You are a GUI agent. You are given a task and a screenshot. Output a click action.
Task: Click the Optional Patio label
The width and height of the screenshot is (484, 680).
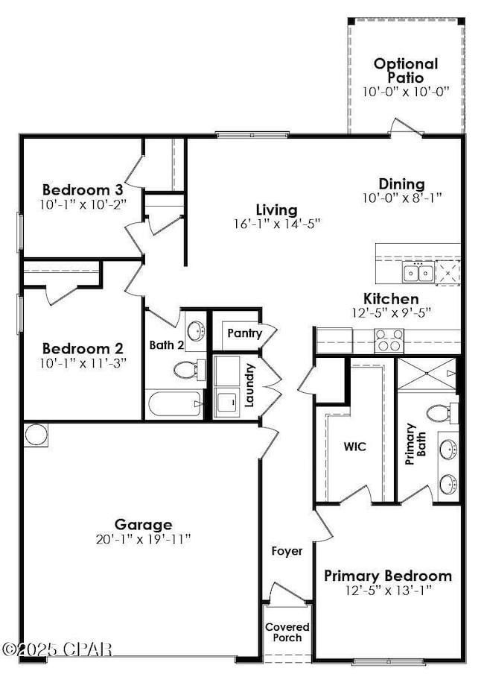406,71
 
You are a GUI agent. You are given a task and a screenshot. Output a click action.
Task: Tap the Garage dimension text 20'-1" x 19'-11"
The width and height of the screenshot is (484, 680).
143,538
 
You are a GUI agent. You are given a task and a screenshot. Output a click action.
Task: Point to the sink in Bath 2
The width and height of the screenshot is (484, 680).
196,330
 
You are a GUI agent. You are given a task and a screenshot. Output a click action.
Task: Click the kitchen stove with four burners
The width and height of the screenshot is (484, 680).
388,340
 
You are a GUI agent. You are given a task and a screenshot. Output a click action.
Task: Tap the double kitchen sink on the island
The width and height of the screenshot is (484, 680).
418,274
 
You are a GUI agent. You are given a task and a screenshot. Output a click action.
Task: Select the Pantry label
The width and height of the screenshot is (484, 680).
244,333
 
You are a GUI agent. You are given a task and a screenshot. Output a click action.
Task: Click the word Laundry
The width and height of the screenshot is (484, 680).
251,385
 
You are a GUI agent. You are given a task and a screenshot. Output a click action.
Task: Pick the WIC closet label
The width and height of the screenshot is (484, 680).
354,447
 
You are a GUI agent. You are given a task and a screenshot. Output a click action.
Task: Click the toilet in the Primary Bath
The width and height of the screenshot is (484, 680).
440,411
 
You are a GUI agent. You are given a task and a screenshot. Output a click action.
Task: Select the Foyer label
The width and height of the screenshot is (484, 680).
287,551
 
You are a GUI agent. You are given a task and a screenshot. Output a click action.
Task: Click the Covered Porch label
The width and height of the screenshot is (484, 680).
287,632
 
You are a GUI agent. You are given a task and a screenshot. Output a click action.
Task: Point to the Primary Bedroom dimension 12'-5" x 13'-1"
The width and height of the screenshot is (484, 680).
387,590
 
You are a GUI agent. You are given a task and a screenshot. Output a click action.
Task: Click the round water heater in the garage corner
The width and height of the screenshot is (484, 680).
35,435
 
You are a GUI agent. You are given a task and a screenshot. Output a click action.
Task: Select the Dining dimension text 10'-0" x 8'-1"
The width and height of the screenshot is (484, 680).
402,198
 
